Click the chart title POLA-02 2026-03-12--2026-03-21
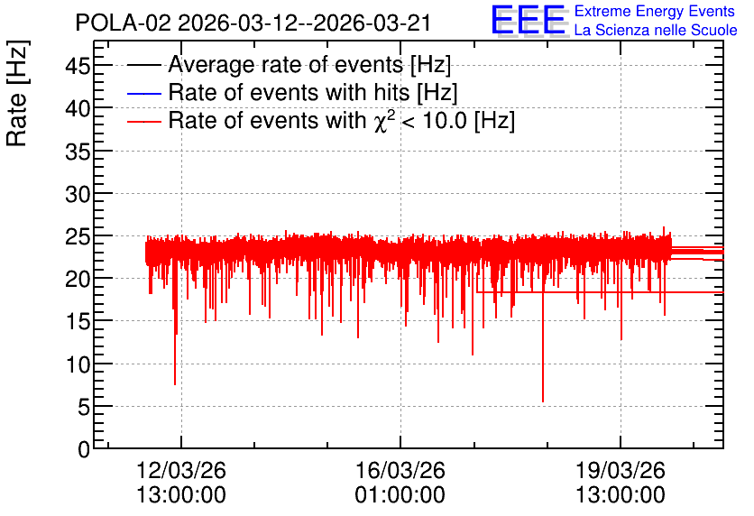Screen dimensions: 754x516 (253, 23)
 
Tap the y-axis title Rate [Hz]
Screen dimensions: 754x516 (17, 93)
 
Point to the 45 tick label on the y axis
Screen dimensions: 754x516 (78, 65)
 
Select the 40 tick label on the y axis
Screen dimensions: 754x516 (78, 108)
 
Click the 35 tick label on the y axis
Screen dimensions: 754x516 (78, 152)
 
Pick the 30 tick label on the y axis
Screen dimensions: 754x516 (78, 194)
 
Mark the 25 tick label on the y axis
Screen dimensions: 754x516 (78, 236)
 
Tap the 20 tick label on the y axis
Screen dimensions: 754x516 (78, 279)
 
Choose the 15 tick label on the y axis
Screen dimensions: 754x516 (78, 322)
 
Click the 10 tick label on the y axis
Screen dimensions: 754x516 (78, 365)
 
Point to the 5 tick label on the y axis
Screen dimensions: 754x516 (84, 408)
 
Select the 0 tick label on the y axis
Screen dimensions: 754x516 (84, 449)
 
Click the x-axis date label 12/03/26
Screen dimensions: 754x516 (181, 470)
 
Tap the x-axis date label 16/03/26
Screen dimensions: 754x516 (400, 470)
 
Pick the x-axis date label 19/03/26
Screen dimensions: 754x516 (621, 470)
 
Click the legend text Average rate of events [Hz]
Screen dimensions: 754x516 (309, 64)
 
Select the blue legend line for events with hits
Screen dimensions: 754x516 (143, 93)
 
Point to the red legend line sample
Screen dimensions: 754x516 (143, 122)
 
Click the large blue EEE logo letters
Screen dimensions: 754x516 (529, 20)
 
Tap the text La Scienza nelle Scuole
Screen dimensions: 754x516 (656, 31)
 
